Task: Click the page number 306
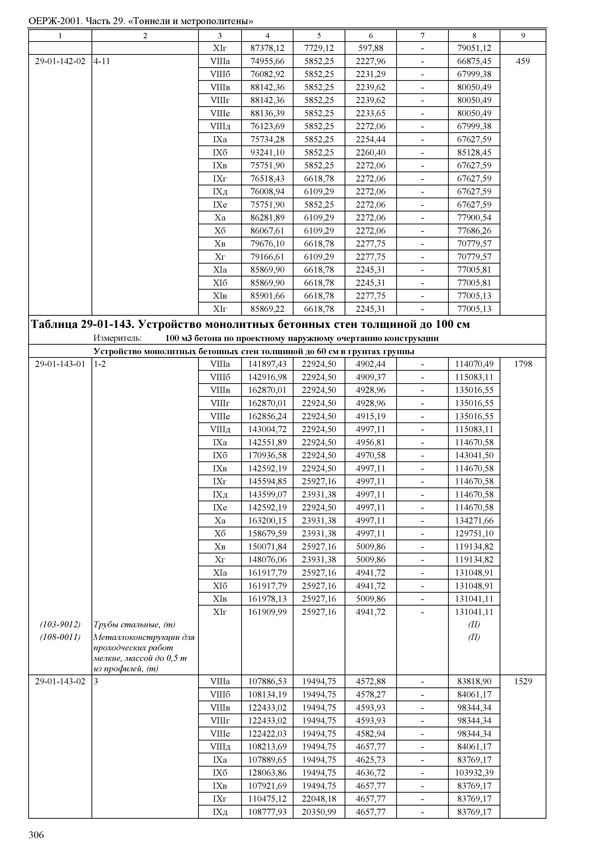coord(36,835)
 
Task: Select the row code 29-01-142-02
coord(60,61)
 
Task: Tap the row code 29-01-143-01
coord(60,364)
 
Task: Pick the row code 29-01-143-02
coord(60,681)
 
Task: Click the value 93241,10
coord(267,152)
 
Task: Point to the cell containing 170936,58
coord(267,455)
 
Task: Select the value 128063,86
coord(267,773)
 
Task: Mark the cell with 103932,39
coord(474,773)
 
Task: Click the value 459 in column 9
coord(523,61)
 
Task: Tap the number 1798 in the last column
coord(523,364)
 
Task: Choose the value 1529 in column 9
coord(523,681)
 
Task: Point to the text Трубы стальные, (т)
coord(134,625)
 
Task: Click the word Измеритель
coord(117,338)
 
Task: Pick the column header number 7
coord(422,36)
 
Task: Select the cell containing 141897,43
coord(267,364)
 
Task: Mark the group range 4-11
coord(102,61)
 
